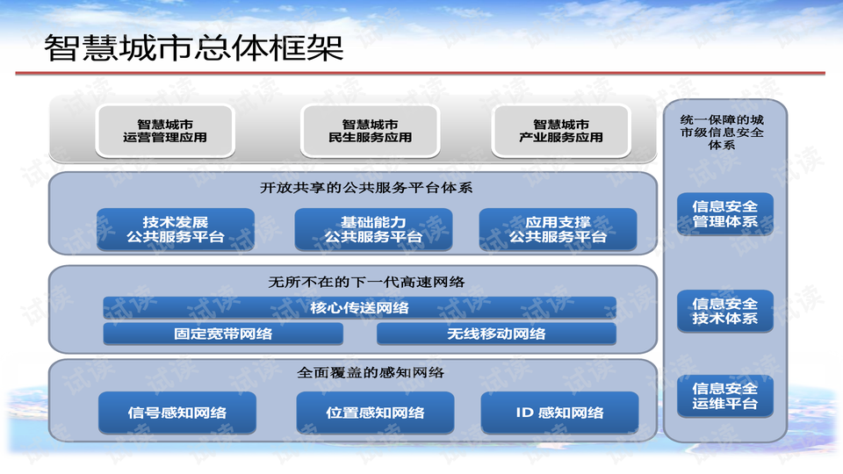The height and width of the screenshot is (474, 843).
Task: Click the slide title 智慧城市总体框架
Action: (194, 48)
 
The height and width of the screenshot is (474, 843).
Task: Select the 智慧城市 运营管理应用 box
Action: (165, 131)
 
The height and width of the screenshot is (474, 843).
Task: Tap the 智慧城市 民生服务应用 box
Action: (370, 131)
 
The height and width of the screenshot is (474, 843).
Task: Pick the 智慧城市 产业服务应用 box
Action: (561, 131)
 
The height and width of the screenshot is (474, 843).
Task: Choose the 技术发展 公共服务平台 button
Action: (175, 229)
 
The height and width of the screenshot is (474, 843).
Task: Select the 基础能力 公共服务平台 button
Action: (373, 229)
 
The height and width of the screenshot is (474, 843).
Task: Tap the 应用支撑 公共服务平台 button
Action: (558, 229)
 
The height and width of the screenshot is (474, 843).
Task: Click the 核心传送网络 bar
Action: (359, 307)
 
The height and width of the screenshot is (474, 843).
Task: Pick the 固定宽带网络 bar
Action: (211, 334)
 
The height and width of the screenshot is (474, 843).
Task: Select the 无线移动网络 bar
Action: (496, 334)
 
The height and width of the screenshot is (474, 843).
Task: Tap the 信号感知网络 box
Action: (177, 413)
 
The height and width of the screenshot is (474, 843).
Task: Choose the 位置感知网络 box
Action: (375, 413)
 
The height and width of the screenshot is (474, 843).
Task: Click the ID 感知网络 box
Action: (559, 413)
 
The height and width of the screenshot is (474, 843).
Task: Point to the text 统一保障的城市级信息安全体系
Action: (722, 132)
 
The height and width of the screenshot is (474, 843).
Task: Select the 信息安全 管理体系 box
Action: (725, 214)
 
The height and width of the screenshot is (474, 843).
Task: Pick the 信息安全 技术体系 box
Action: (725, 311)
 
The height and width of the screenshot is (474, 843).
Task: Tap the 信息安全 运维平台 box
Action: (725, 396)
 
